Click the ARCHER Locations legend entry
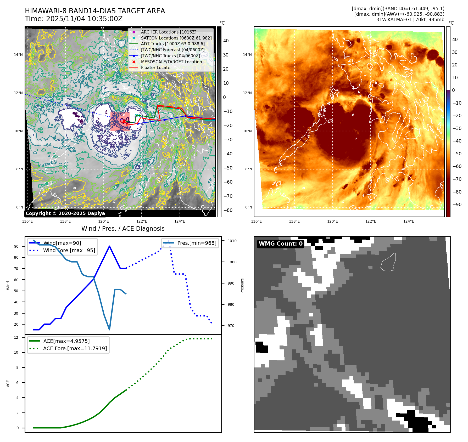tap(169, 32)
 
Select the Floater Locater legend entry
tap(156, 67)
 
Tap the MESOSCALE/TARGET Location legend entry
tap(171, 62)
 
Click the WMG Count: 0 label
tap(281, 244)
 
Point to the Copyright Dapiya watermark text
tap(65, 213)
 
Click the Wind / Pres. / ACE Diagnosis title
tap(123, 229)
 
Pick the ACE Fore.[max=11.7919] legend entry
tap(75, 348)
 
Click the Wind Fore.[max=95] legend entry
tap(69, 250)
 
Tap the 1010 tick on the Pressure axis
tap(232, 241)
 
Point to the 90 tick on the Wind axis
tap(16, 246)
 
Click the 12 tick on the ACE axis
tap(16, 337)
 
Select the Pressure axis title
tap(242, 286)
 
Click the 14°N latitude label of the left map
tap(18, 55)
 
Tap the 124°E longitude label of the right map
tap(409, 221)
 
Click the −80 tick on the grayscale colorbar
tap(228, 210)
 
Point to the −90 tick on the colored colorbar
tap(457, 205)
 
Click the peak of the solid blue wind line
tap(109, 246)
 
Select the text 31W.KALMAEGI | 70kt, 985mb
tap(410, 20)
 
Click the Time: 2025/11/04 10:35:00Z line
tap(74, 19)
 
